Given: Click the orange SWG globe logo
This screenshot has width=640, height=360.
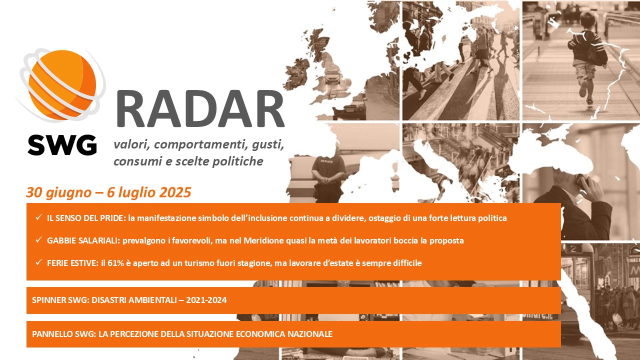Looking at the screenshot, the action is click(61, 85).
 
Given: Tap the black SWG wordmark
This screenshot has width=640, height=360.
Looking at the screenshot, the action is click(62, 145).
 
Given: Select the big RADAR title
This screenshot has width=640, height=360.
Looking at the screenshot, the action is click(200, 109).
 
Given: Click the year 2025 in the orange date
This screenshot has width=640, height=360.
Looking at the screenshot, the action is click(175, 192).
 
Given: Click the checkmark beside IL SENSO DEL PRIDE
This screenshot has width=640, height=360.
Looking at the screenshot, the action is click(39, 217).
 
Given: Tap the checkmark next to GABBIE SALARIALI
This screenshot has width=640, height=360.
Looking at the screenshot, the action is click(39, 239).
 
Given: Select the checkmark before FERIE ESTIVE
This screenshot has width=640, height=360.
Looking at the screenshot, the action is click(39, 262).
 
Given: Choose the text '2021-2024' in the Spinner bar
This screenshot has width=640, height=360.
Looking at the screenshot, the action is click(206, 300).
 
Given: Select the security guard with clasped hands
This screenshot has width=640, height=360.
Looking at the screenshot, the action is click(327, 177).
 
